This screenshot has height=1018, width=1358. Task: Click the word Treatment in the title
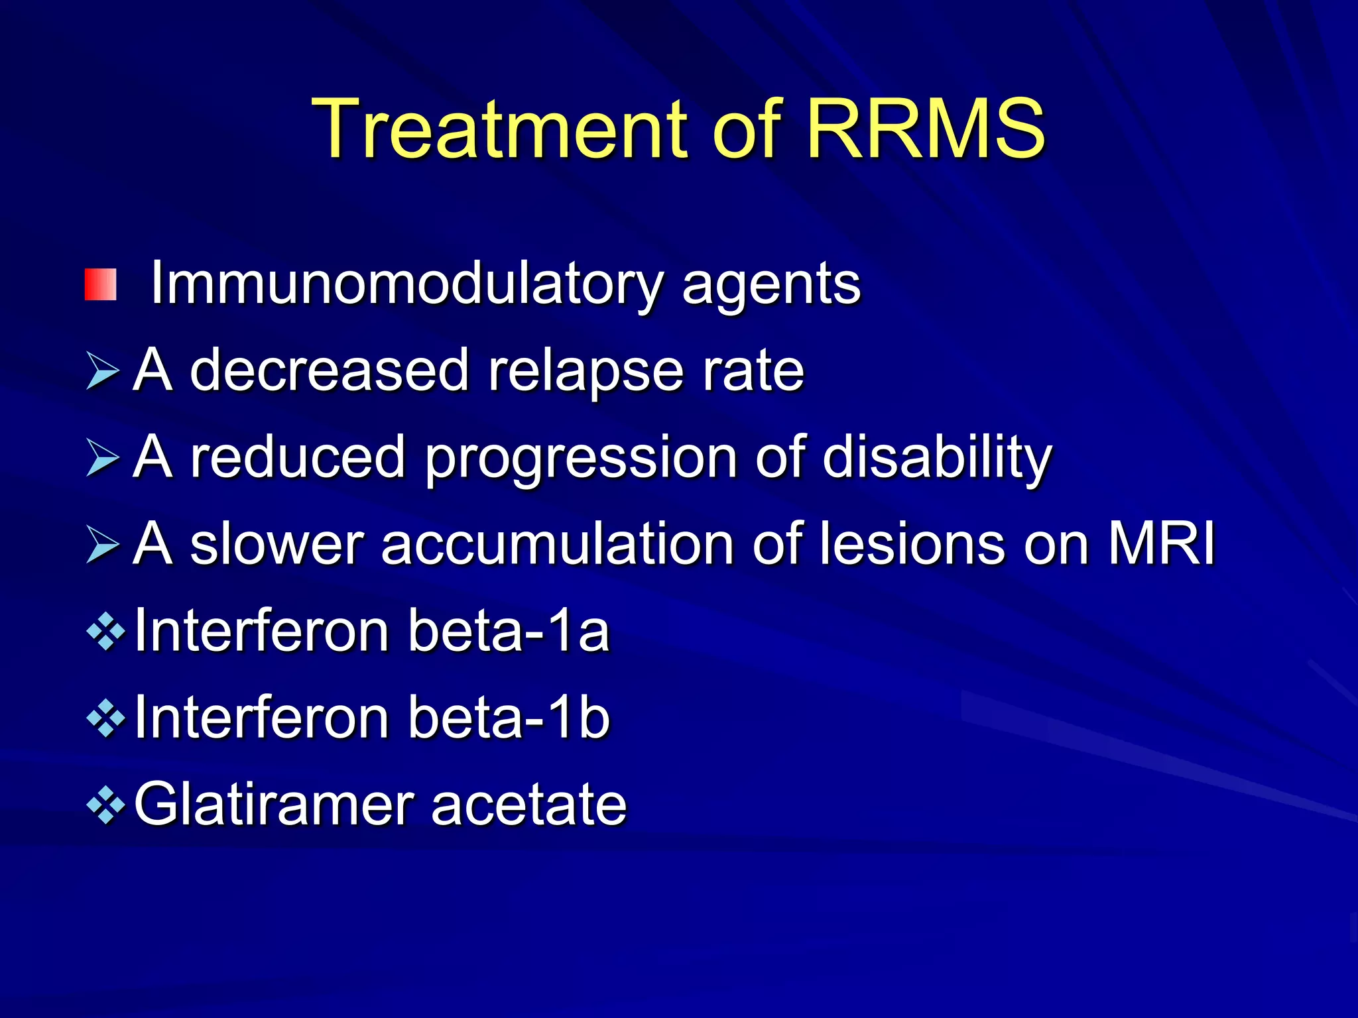[x=501, y=129]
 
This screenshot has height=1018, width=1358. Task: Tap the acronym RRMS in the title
[x=925, y=129]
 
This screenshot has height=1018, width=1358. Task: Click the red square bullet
[x=101, y=285]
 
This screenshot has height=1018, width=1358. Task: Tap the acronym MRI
[x=1162, y=543]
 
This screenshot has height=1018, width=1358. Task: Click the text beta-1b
[x=509, y=718]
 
